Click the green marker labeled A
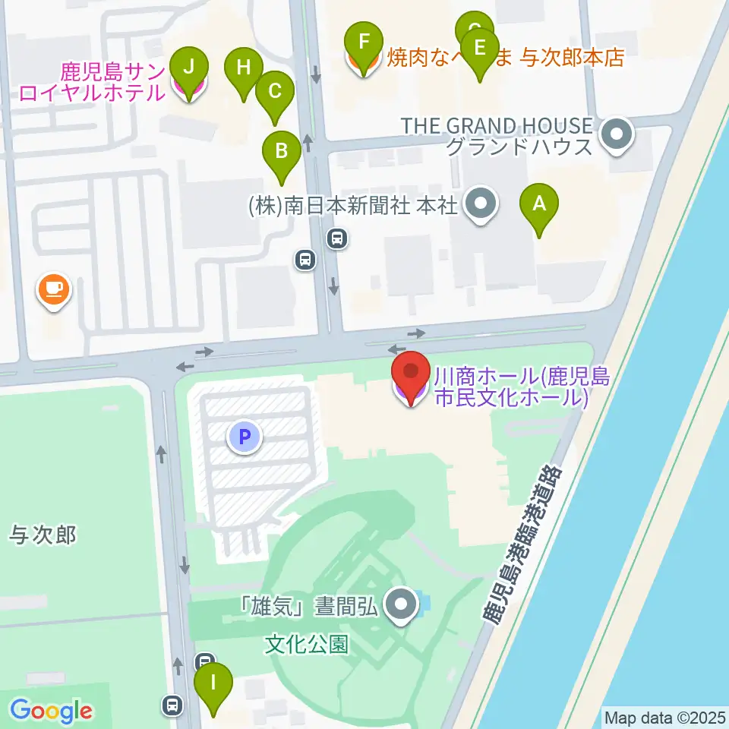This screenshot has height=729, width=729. click(x=539, y=204)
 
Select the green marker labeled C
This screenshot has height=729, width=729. click(x=274, y=93)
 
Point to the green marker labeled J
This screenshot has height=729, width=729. click(x=188, y=67)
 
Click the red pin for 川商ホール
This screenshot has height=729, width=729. click(x=411, y=373)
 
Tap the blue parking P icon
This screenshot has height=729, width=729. click(x=245, y=437)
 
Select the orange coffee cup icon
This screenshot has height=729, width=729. click(x=54, y=289)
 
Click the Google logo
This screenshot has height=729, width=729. click(x=51, y=711)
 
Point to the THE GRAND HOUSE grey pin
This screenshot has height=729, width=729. click(x=616, y=135)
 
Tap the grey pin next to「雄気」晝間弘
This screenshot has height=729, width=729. click(x=402, y=604)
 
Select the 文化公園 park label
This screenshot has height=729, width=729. click(x=307, y=645)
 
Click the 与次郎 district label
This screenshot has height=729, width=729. click(x=43, y=535)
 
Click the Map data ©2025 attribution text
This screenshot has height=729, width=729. click(x=665, y=717)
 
